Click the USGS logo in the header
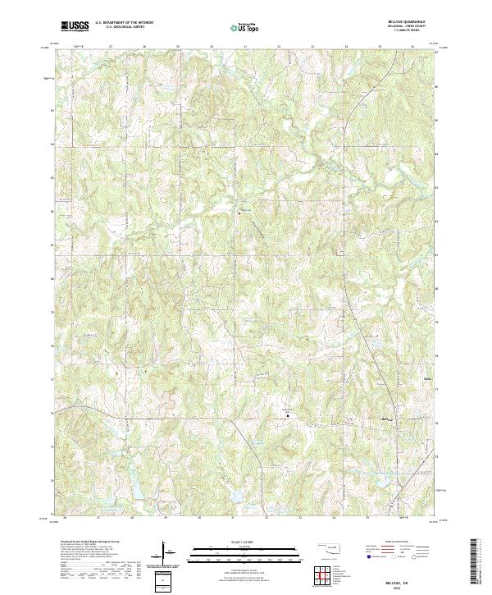pos(75,26)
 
